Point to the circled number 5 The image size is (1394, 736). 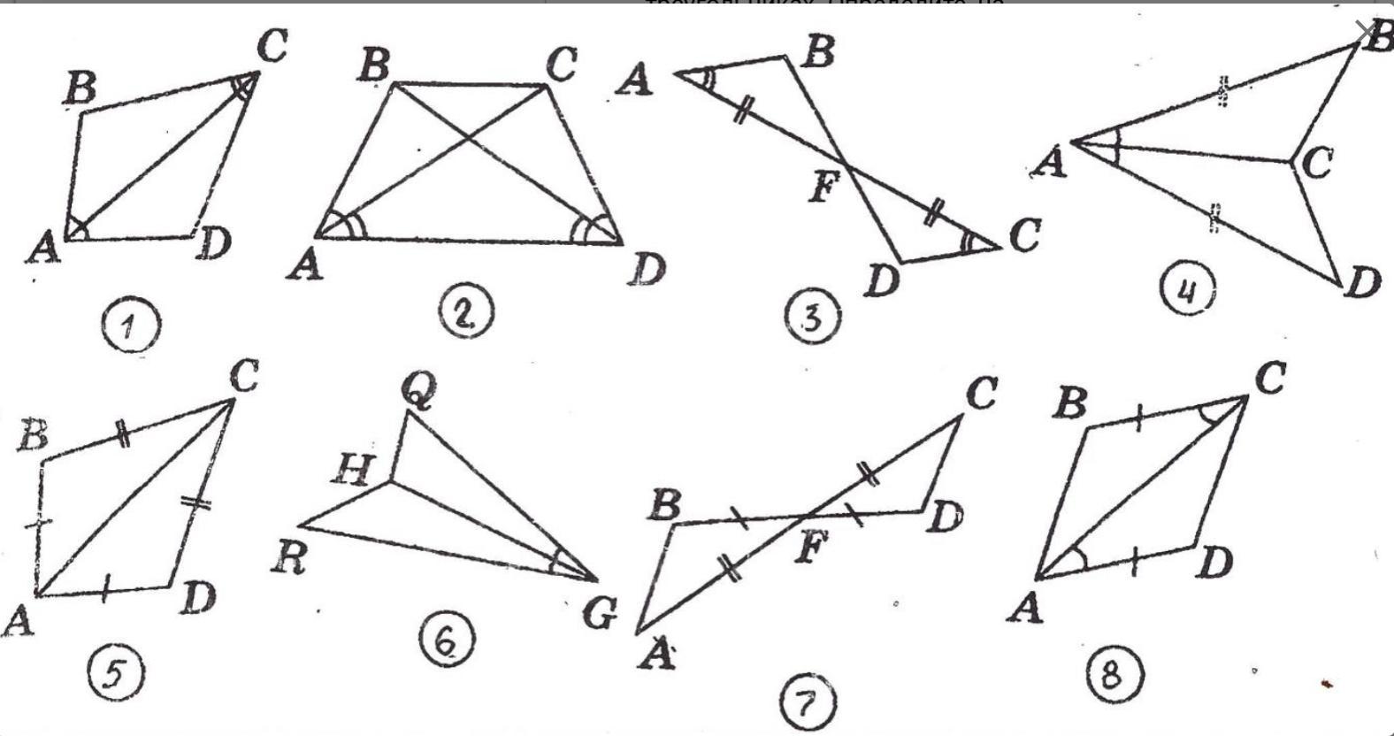tap(116, 675)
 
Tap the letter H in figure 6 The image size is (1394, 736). tap(352, 471)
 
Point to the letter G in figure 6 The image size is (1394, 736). tap(600, 613)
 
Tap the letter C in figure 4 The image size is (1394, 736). tap(1316, 164)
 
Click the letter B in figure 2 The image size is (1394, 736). tap(374, 66)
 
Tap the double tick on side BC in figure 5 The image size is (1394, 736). tap(123, 434)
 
